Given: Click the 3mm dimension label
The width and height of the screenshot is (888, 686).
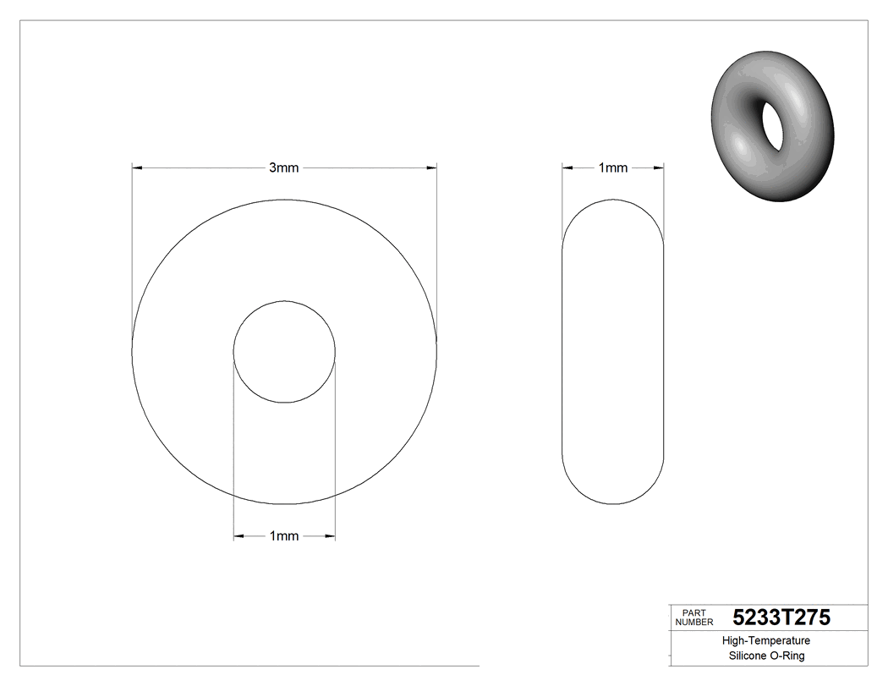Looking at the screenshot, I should (283, 168).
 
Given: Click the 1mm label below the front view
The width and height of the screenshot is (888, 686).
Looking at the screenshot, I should (283, 536).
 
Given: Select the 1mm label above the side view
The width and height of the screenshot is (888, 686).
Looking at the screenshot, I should (613, 168).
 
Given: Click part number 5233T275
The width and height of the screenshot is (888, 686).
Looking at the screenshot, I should (781, 617).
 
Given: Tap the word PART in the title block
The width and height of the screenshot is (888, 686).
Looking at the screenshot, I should (693, 612).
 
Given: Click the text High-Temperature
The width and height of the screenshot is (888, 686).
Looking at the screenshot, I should (766, 641).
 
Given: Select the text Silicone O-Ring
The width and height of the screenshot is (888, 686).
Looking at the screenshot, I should (766, 656).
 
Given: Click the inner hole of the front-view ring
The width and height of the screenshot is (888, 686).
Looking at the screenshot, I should (284, 352).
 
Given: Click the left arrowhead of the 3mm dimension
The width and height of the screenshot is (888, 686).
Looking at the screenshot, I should (137, 168).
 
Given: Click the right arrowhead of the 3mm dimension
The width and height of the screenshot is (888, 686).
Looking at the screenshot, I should (431, 168).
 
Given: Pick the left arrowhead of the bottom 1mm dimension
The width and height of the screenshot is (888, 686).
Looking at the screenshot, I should (238, 536).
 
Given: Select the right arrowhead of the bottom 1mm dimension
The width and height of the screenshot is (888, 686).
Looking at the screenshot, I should (330, 536).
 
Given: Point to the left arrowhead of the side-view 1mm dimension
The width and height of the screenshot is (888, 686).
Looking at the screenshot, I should (567, 168).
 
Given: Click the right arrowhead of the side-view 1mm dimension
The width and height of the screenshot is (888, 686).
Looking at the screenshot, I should (659, 168).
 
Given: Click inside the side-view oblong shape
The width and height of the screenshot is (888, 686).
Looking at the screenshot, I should (613, 352).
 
